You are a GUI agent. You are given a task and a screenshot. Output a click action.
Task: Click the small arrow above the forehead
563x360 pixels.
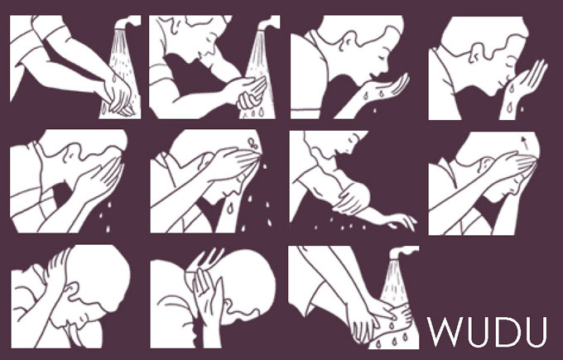tap(524, 142)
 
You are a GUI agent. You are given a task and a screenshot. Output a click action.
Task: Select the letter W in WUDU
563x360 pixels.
tap(444, 332)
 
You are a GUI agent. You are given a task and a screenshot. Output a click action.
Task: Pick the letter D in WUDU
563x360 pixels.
tap(506, 332)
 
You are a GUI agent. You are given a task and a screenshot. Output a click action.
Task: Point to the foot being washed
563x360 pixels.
tap(395, 320)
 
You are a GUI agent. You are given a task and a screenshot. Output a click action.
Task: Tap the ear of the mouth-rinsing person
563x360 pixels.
tap(348, 41)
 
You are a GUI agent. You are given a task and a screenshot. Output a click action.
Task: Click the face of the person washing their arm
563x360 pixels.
tap(349, 143)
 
